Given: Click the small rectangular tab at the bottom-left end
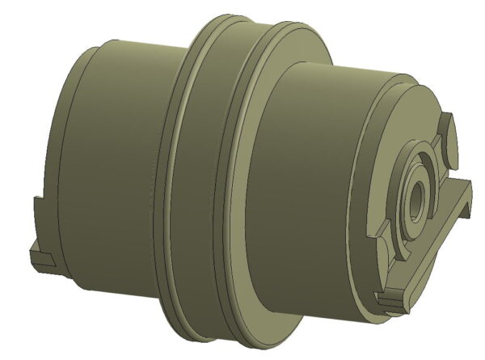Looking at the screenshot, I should point(40,259).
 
